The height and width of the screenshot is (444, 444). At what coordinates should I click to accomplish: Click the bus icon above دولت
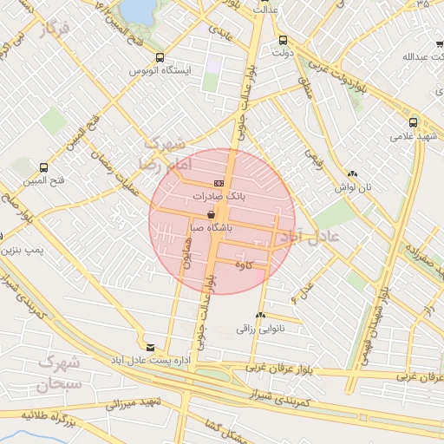283,40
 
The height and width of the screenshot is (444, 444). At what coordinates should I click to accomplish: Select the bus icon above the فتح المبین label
43,167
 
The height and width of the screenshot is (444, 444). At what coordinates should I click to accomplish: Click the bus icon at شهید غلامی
414,122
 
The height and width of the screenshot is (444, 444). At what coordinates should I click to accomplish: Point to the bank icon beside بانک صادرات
218,183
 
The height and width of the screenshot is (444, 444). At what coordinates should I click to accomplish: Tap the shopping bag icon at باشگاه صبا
212,214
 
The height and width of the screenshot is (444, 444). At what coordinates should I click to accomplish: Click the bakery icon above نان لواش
352,174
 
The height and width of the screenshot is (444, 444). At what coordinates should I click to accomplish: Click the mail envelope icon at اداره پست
151,347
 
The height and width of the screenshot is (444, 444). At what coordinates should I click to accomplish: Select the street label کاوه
255,266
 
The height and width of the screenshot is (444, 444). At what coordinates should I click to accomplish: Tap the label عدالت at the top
265,10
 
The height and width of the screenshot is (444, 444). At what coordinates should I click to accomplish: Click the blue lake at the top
136,10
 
